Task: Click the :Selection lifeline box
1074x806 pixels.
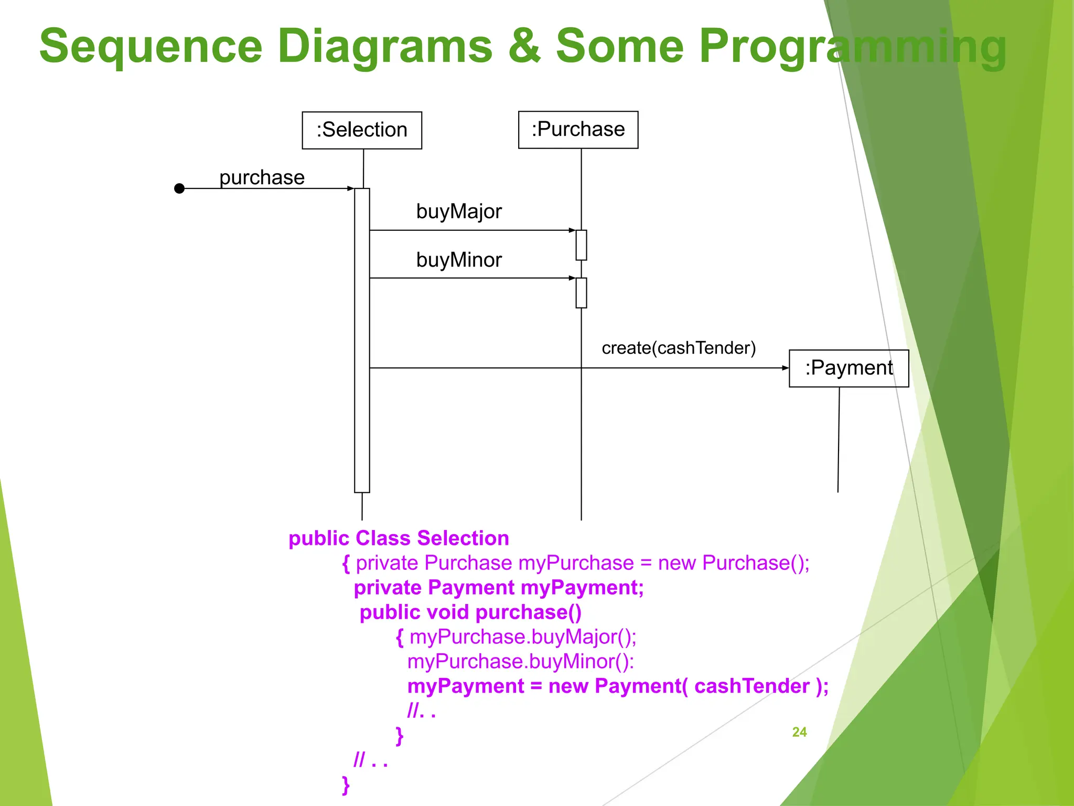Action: coord(362,130)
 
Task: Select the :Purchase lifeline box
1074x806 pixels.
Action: coord(578,130)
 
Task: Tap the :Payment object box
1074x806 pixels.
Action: coord(849,368)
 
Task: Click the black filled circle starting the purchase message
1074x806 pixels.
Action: coord(179,188)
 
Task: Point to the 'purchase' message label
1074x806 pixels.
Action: coord(262,177)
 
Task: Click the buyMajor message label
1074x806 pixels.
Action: coord(459,211)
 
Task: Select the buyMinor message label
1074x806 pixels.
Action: coord(459,260)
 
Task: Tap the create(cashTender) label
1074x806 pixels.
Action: coord(679,348)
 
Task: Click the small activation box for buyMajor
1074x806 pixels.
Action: coord(581,245)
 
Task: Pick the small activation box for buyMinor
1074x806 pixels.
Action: coord(581,293)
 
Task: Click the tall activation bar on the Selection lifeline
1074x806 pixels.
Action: coord(362,341)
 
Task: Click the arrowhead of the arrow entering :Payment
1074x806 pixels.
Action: coord(785,368)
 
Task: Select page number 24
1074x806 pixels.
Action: coord(799,732)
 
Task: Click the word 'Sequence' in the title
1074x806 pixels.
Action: coord(151,46)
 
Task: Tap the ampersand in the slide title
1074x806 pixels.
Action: coord(523,46)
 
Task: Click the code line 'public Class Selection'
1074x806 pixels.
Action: coord(399,538)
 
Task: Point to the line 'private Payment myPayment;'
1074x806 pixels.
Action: coord(498,588)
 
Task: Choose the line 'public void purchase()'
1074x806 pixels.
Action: coord(470,612)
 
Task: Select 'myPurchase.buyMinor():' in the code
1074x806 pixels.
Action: coord(520,662)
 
